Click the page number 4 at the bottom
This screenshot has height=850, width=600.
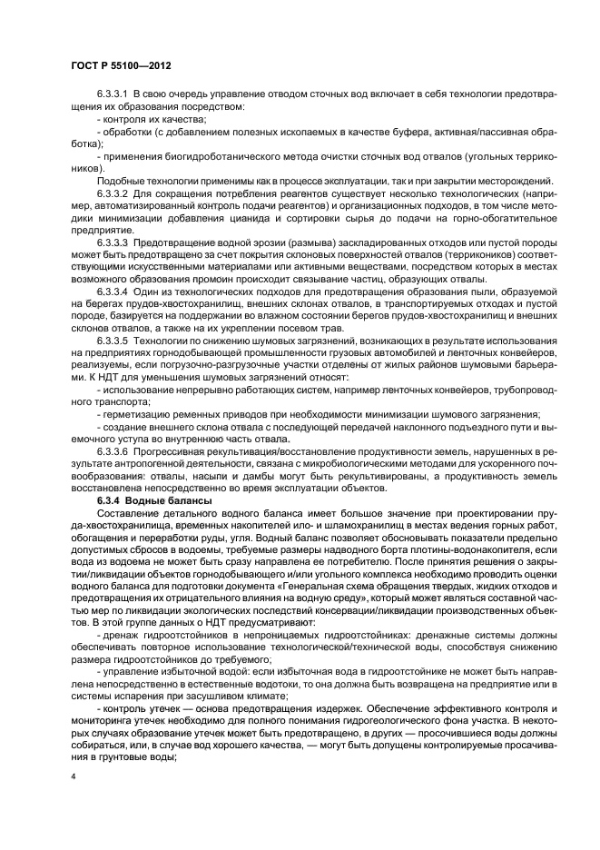pos(71,779)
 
